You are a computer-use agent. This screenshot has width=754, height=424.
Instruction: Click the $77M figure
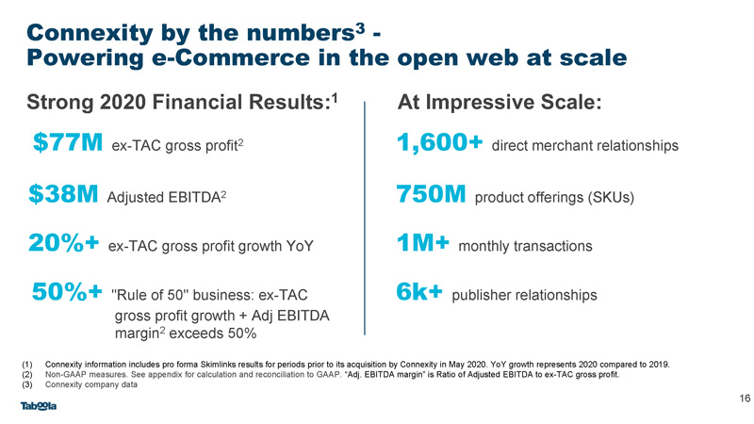(x=68, y=142)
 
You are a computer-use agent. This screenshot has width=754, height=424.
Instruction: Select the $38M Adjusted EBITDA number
(x=63, y=194)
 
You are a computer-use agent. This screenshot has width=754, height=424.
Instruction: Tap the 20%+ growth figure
(x=64, y=243)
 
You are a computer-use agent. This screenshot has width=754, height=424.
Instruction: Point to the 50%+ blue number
(x=67, y=291)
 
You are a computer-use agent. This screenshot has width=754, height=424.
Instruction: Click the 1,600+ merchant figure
(x=439, y=143)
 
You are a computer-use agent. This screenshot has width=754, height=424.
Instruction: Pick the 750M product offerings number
(x=432, y=194)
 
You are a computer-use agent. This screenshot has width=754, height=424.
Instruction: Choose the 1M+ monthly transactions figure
(x=423, y=243)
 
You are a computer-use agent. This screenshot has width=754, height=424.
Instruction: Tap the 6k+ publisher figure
(x=419, y=291)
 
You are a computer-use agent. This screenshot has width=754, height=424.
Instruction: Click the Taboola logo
(x=39, y=406)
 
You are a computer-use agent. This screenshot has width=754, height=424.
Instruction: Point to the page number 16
(x=745, y=398)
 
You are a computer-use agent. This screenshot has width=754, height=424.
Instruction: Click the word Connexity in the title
(x=90, y=33)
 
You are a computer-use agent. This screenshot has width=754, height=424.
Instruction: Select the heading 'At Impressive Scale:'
(x=500, y=102)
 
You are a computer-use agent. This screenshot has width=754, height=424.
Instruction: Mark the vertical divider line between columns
(x=365, y=218)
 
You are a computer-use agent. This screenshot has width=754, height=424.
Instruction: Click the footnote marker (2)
(x=27, y=374)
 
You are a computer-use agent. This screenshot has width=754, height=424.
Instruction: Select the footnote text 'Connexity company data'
(x=91, y=384)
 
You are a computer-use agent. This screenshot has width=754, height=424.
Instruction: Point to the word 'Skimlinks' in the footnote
(x=218, y=365)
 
